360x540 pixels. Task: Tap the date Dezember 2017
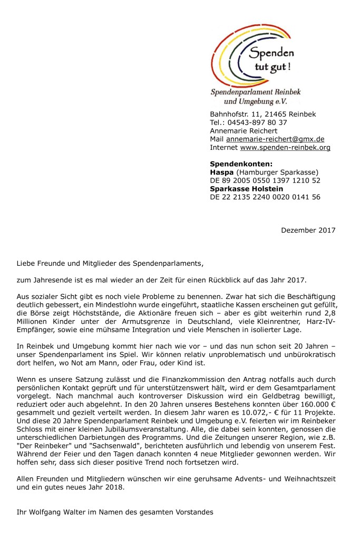(308, 230)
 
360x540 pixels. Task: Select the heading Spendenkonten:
(241, 164)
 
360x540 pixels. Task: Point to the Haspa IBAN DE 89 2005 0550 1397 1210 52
(265, 180)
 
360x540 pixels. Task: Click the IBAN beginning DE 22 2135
(265, 197)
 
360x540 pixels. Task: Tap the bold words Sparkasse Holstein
(246, 189)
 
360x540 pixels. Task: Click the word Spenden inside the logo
(271, 53)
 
